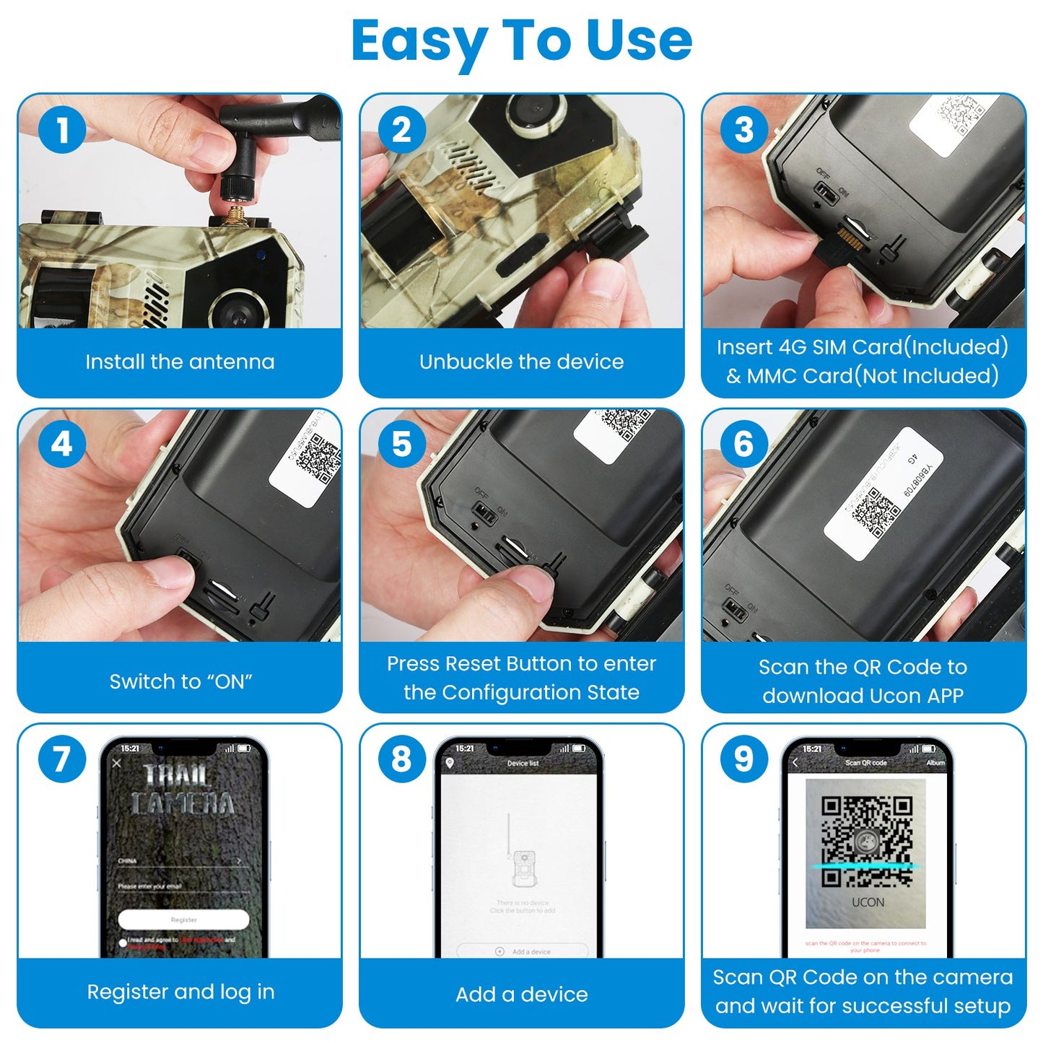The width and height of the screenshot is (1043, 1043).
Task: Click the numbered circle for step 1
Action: [62, 130]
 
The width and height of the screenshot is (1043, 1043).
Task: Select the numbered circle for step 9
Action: [744, 759]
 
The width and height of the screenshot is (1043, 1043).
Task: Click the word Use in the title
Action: [639, 41]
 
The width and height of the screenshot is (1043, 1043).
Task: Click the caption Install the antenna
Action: [180, 362]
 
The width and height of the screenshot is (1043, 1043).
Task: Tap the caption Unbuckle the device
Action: [521, 362]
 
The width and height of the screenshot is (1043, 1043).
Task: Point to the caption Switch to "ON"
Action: [180, 681]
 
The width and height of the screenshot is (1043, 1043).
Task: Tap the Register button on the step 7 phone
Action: [183, 920]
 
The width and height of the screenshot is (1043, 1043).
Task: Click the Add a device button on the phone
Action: [523, 951]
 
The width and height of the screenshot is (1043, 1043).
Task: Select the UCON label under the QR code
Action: [868, 902]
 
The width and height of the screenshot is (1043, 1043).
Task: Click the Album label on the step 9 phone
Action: [935, 763]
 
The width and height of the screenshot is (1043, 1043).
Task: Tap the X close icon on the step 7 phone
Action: [118, 763]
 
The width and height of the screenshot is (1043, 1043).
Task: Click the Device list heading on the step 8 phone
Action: [523, 763]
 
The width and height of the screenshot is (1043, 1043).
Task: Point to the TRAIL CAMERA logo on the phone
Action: [182, 790]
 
